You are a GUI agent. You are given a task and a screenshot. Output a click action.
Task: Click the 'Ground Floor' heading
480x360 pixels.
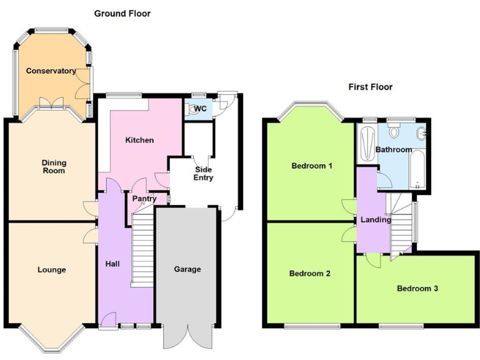tap(122, 13)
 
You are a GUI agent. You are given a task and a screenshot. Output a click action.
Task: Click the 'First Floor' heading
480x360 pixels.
tap(370, 87)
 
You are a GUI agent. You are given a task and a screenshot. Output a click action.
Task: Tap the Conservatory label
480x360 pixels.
tap(51, 71)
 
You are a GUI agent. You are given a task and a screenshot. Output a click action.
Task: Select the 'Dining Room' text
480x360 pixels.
tap(54, 166)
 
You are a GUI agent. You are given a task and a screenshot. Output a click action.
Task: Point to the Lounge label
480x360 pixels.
tap(51, 270)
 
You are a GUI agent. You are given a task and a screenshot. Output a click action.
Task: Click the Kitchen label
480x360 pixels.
tap(139, 140)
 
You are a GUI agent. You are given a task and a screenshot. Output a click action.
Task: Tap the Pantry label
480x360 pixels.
tap(144, 199)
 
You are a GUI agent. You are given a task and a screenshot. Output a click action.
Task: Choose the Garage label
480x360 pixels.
tap(187, 269)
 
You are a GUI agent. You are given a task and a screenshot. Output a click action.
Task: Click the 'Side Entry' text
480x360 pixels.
tap(204, 174)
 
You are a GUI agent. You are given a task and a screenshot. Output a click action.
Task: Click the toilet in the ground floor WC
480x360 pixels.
tap(192, 109)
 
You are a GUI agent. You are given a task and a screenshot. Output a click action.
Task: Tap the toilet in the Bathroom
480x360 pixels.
tap(394, 132)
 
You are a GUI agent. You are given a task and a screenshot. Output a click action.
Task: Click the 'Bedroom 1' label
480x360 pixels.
tap(311, 166)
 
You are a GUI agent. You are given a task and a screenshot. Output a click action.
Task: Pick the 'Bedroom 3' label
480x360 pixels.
tap(417, 289)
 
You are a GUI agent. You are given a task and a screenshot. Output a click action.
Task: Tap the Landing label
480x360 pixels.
tap(376, 219)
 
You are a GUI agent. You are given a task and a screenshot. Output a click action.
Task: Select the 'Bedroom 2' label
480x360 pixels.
tap(309, 274)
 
